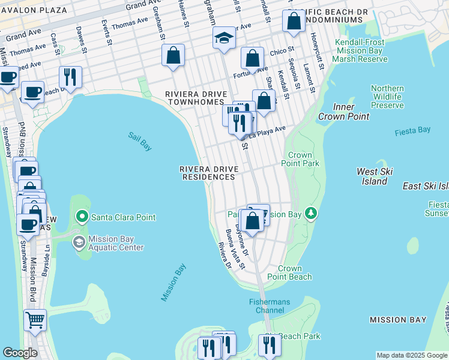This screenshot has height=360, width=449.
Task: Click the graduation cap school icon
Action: tap(223, 39)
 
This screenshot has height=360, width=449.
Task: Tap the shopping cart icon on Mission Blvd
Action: tap(35, 320)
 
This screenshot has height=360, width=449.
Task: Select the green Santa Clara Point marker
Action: tap(82, 217)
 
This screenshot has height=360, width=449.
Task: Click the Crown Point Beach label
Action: tap(294, 273)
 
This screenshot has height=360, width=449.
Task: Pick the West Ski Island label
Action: tap(375, 176)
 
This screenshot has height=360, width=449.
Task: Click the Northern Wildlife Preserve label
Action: tap(387, 97)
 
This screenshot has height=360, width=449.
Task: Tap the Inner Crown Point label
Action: tap(343, 112)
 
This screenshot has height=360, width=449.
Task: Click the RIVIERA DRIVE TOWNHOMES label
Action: tap(196, 98)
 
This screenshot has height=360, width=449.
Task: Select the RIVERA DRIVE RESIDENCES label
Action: tap(208, 173)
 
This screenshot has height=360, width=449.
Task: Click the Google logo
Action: tap(20, 353)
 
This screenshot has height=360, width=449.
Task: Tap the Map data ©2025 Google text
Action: tap(411, 355)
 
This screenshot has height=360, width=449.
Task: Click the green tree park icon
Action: tap(310, 213)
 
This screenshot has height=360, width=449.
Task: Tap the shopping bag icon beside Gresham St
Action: tap(173, 56)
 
